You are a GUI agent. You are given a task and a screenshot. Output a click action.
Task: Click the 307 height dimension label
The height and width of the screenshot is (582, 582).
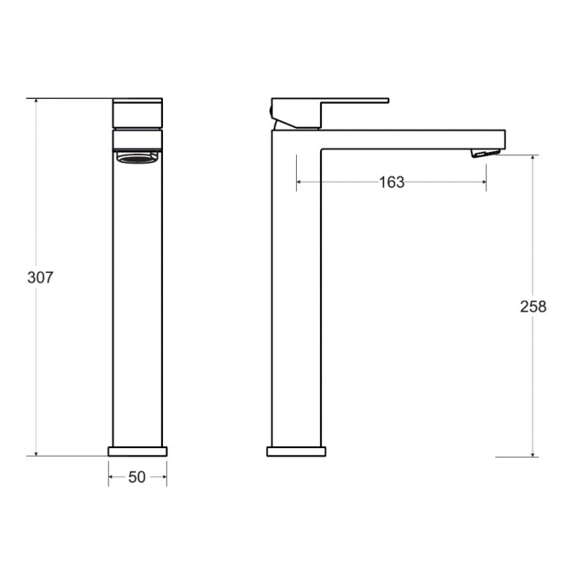40,277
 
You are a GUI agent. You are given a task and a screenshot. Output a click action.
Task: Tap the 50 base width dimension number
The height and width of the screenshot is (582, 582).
137,477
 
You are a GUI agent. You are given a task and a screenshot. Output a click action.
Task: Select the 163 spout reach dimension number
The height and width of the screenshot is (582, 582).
391,182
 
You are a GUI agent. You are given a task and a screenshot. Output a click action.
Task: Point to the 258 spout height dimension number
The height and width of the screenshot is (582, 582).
533,307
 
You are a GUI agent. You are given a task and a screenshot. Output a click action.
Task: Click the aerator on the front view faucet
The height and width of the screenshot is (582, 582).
137,157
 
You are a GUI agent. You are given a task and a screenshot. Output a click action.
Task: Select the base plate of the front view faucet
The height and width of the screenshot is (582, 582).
137,451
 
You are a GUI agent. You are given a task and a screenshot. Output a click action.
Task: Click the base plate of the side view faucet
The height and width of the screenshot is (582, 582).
296,451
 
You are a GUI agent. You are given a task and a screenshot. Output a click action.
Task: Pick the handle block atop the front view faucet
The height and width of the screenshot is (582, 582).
137,113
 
